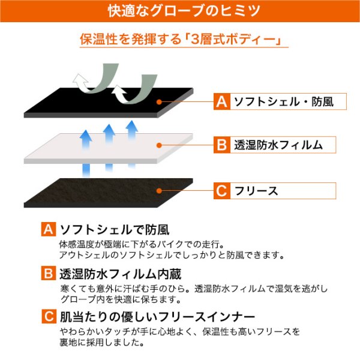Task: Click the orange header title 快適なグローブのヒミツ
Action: click(x=184, y=11)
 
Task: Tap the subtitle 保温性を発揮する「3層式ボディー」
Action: click(x=181, y=39)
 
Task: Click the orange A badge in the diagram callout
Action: click(x=222, y=101)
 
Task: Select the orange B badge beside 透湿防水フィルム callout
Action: click(x=222, y=145)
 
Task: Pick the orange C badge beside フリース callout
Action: click(x=222, y=191)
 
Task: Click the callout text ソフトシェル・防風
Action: click(x=284, y=101)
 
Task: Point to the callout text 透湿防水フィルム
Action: click(x=278, y=145)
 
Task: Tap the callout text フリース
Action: click(x=256, y=191)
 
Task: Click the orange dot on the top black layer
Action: click(x=159, y=102)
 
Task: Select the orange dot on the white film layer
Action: click(x=159, y=145)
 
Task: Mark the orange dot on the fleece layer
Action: click(x=159, y=191)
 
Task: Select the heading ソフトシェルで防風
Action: click(x=115, y=229)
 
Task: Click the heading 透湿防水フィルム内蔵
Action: click(x=121, y=274)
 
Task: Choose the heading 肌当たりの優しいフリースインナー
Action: click(x=157, y=317)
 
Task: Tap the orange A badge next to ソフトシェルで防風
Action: click(x=49, y=229)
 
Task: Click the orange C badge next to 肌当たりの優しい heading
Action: click(x=49, y=316)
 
